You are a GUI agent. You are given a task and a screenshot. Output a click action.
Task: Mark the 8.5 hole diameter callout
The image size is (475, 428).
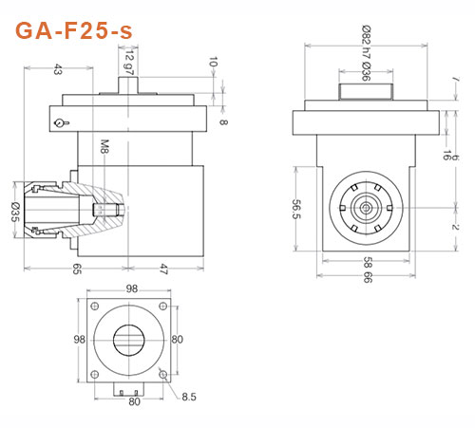[x=189, y=396]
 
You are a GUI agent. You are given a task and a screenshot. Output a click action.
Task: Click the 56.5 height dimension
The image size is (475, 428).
[x=296, y=210]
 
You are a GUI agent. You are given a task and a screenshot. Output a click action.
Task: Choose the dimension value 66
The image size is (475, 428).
[x=367, y=277]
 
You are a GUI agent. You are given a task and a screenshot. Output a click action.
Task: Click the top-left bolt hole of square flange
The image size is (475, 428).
[x=94, y=305]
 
